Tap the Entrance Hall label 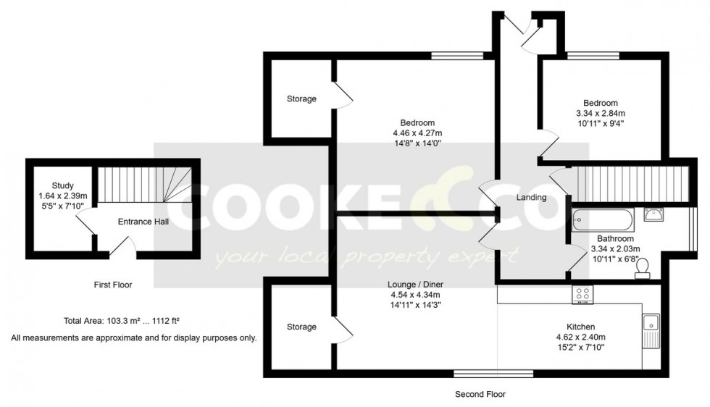click(143, 221)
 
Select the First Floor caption click(113, 285)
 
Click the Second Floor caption click(480, 395)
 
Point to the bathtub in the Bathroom click(603, 219)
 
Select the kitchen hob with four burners click(582, 294)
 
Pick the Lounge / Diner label click(417, 284)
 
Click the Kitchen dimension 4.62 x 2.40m click(580, 337)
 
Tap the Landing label click(531, 198)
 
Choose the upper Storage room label click(301, 98)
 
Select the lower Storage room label click(301, 327)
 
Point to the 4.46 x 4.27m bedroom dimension click(417, 133)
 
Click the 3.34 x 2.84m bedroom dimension click(601, 113)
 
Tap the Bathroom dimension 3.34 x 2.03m click(616, 249)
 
